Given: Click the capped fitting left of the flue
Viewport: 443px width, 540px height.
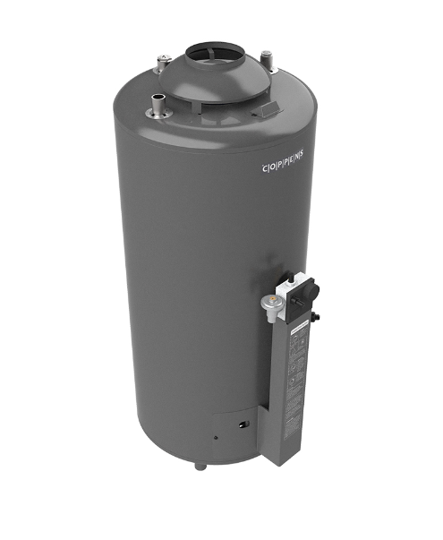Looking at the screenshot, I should [x=163, y=64].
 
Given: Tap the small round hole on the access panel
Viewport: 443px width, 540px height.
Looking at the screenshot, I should [x=215, y=438].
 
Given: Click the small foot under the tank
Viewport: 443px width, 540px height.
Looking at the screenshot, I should [x=202, y=467].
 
